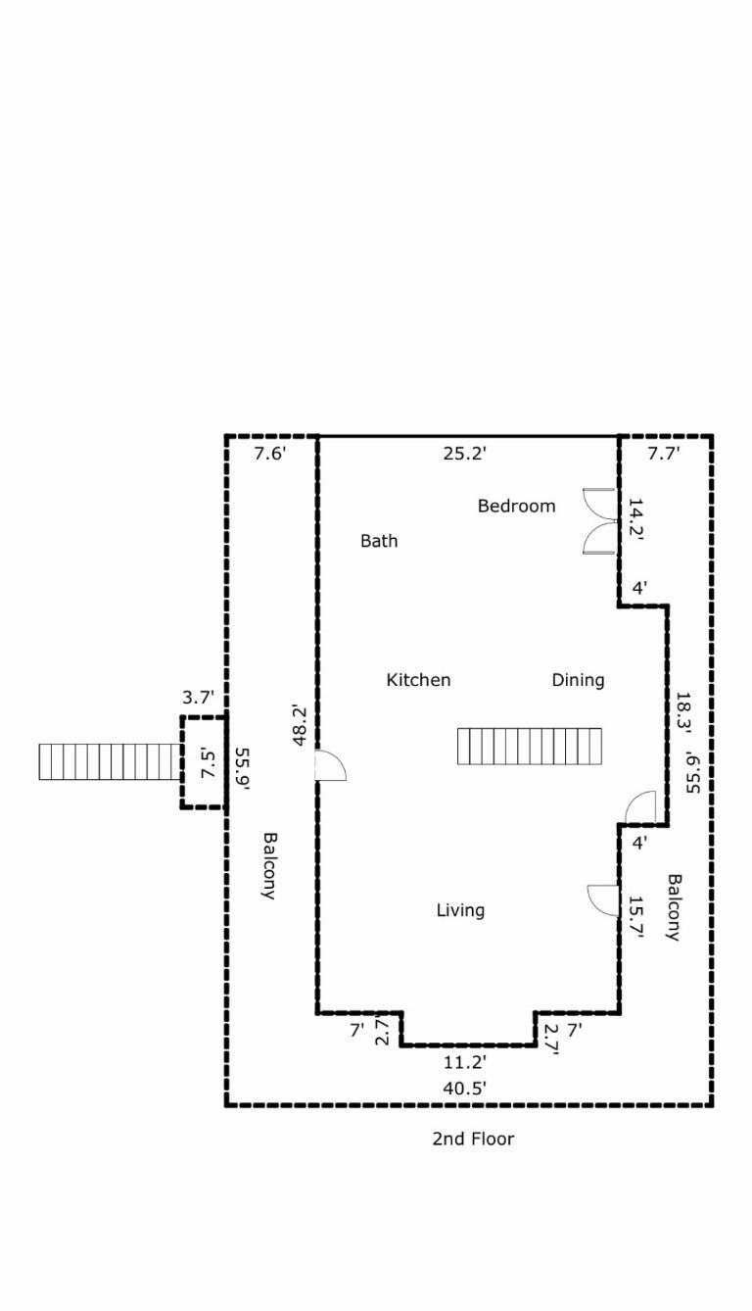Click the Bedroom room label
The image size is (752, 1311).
pyautogui.click(x=516, y=506)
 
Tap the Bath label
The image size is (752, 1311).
pyautogui.click(x=379, y=541)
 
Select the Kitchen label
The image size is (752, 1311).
pyautogui.click(x=418, y=680)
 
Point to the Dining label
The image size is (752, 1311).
pyautogui.click(x=578, y=680)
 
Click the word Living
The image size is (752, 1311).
pyautogui.click(x=460, y=910)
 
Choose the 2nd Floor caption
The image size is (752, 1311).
pyautogui.click(x=473, y=1139)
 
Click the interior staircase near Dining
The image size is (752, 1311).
pyautogui.click(x=530, y=746)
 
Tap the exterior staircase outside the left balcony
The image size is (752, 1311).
pyautogui.click(x=110, y=762)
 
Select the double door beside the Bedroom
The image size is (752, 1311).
pyautogui.click(x=598, y=521)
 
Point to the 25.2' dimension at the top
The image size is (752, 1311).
pyautogui.click(x=465, y=453)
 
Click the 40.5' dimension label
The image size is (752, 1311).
pyautogui.click(x=465, y=1087)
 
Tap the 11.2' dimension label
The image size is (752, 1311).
pyautogui.click(x=465, y=1061)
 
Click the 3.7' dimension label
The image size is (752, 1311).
pyautogui.click(x=198, y=698)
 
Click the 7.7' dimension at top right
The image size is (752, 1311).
pyautogui.click(x=664, y=453)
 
